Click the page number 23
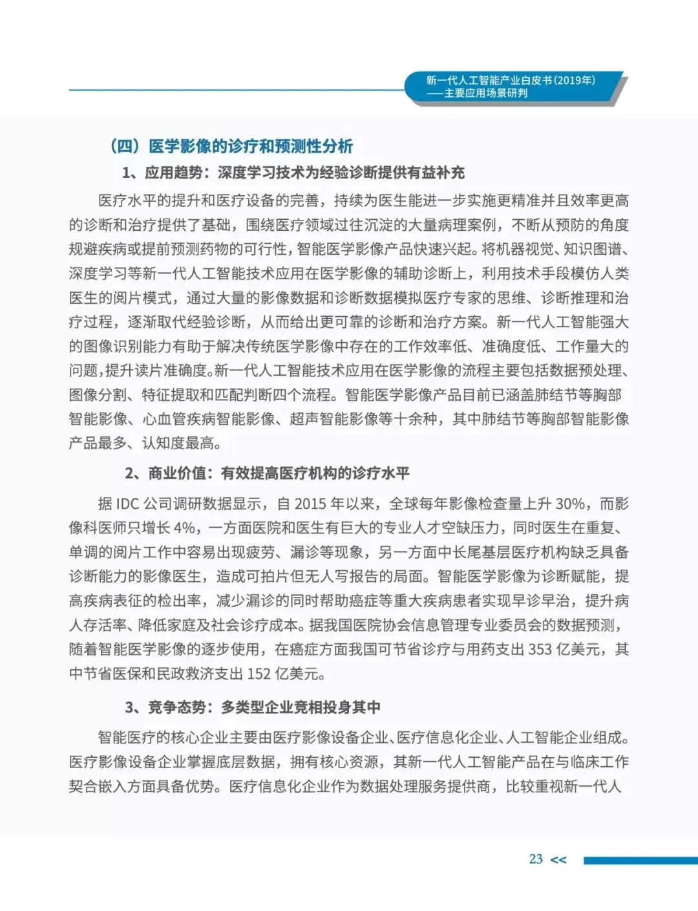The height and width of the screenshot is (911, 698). [x=536, y=859]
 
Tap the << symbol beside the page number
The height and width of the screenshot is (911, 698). [x=558, y=860]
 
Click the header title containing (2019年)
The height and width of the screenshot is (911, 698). [x=511, y=80]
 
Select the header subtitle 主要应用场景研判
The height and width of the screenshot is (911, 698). [x=485, y=93]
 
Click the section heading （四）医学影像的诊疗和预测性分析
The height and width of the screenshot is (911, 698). [x=231, y=146]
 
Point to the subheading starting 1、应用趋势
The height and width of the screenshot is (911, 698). [x=293, y=173]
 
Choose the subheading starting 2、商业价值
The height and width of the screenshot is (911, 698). [x=267, y=473]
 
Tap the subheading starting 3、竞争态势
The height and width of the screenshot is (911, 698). [x=253, y=707]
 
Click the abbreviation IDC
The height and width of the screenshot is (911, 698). [x=128, y=504]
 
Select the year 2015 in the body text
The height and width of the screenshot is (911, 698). [x=310, y=504]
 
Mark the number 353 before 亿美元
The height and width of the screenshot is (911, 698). [x=540, y=649]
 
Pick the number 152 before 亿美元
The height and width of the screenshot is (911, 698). [x=259, y=674]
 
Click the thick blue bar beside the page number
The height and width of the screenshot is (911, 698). [x=640, y=860]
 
